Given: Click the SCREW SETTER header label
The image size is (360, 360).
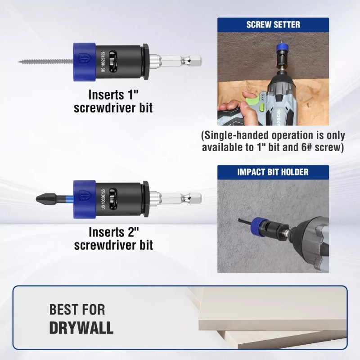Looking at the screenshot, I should coord(273,24).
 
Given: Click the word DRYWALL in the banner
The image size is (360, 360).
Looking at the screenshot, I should coord(81,327).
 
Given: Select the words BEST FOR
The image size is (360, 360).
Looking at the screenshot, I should coord(77,310).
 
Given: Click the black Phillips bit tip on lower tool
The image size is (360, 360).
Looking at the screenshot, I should coord(45,198).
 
